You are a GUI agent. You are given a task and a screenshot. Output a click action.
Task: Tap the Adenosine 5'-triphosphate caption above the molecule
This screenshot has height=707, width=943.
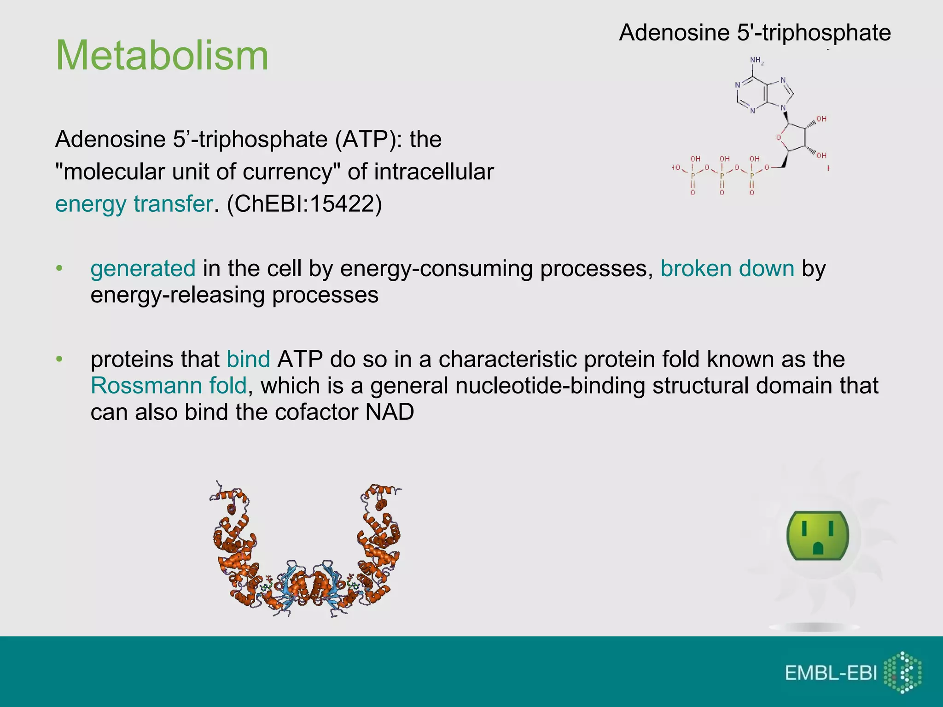(755, 33)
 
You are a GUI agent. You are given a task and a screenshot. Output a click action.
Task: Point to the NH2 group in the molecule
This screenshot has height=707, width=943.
(757, 60)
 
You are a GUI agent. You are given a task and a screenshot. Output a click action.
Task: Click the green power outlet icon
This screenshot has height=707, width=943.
(817, 535)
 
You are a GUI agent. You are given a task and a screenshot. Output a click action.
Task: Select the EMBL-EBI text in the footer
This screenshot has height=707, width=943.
(831, 673)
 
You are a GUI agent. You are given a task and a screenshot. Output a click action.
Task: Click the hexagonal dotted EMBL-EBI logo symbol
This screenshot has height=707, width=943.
(902, 672)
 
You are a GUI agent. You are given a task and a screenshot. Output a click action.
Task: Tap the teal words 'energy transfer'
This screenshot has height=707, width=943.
(134, 204)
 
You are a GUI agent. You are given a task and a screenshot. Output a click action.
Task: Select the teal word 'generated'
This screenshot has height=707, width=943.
(143, 268)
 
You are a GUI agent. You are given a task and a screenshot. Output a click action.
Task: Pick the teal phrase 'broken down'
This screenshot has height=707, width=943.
(728, 268)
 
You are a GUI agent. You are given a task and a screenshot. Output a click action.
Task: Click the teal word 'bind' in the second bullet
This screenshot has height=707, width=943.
(248, 359)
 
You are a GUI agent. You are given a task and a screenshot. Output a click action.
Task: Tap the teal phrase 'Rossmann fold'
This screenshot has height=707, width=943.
(169, 386)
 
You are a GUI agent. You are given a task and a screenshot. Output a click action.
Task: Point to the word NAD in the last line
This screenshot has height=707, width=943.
(390, 412)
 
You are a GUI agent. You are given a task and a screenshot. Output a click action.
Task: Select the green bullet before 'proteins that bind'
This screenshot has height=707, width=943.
(59, 359)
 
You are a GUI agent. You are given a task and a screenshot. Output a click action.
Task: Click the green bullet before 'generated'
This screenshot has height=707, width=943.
(59, 268)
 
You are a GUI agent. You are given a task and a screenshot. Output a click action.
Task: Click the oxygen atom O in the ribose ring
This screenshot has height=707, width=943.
(779, 138)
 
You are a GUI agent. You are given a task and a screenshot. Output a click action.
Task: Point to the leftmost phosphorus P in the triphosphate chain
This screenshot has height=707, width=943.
(692, 175)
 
